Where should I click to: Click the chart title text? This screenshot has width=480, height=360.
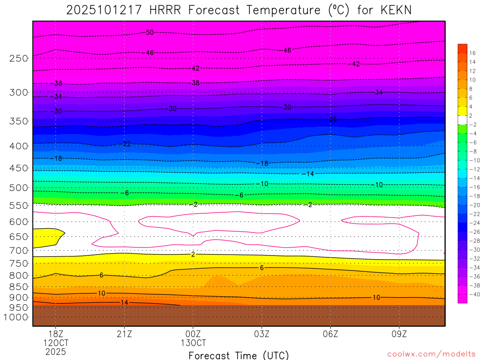tap(240, 10)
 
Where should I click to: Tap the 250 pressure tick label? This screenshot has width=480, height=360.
tap(19, 59)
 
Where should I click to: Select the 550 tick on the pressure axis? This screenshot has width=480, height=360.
tap(19, 205)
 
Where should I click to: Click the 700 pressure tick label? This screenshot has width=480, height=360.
tap(19, 251)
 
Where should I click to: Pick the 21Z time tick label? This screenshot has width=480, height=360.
tap(124, 334)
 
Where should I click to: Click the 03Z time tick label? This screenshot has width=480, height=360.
tap(262, 334)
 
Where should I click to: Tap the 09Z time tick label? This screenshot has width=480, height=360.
tap(399, 334)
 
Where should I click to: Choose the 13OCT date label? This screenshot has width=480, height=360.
tap(193, 343)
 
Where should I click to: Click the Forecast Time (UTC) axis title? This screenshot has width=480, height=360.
tap(239, 355)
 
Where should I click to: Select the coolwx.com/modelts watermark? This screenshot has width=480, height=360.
tap(431, 354)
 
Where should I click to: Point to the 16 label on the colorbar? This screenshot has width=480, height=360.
tap(472, 53)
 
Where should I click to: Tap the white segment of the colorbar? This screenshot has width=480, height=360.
tap(462, 120)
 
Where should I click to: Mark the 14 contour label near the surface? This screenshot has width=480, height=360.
tap(124, 303)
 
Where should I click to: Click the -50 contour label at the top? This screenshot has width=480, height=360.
tap(149, 32)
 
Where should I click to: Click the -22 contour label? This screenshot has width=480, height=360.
tap(126, 144)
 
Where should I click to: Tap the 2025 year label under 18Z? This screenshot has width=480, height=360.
tap(56, 352)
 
